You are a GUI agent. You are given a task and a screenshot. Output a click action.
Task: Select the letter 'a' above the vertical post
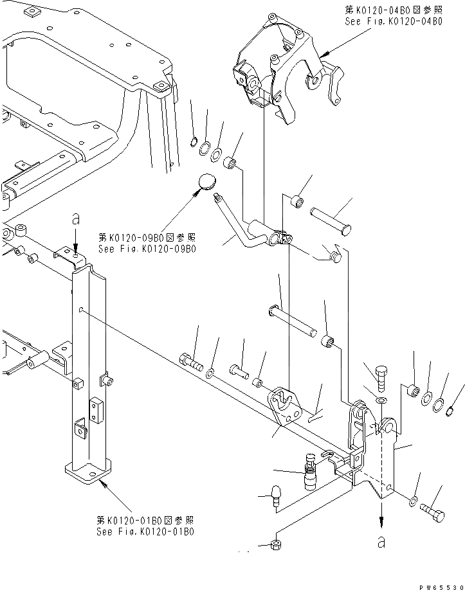(x=76, y=220)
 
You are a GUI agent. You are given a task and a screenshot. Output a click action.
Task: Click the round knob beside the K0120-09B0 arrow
(x=206, y=182)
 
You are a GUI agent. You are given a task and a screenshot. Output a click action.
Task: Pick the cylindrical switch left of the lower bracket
(x=311, y=472)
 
